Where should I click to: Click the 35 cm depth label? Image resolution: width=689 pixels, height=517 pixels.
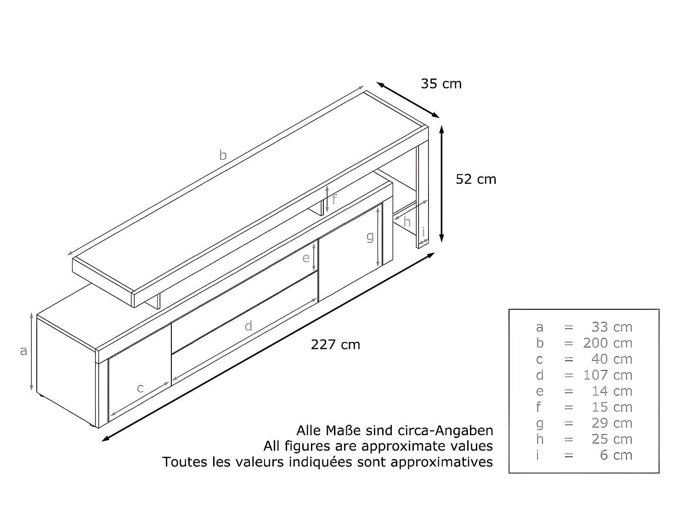tap(441, 84)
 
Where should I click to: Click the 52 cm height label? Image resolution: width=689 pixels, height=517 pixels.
tap(476, 179)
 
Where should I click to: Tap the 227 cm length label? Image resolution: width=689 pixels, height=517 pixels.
tap(335, 344)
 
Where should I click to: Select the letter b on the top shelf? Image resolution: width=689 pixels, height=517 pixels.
tap(223, 155)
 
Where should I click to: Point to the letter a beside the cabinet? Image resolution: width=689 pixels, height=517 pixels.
tap(23, 351)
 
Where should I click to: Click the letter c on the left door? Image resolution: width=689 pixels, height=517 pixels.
tap(141, 388)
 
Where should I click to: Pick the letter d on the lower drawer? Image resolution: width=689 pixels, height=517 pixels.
tap(248, 326)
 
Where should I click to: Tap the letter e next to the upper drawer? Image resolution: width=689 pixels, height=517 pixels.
tap(306, 258)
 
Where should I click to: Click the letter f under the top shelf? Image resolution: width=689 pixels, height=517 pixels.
tap(334, 199)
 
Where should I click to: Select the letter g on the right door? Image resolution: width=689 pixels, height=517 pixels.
tap(370, 237)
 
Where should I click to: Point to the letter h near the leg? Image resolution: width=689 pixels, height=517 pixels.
tap(407, 222)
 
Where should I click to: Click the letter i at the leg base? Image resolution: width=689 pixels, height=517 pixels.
tap(423, 232)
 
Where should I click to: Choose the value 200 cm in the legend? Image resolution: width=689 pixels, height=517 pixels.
tap(608, 343)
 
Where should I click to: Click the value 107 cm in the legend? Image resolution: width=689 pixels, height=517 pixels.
tap(608, 375)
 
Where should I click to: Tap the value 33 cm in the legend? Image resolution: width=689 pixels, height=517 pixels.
tap(612, 327)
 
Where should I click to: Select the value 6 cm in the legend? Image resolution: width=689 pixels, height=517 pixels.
tap(616, 455)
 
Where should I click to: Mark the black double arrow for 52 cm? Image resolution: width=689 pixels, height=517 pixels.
tap(441, 184)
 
